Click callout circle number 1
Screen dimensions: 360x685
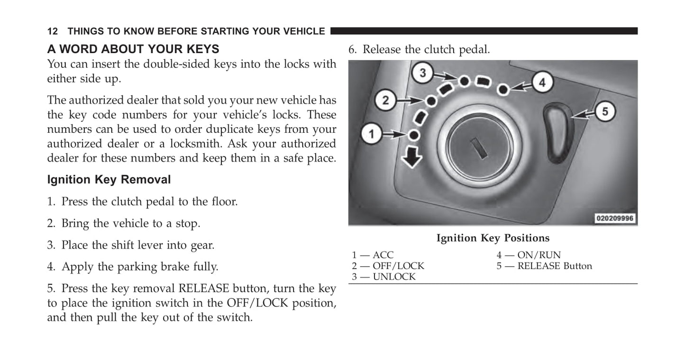(372, 135)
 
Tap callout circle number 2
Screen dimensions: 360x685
(385, 100)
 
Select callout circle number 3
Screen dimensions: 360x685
(423, 73)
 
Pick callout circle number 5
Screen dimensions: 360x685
(604, 112)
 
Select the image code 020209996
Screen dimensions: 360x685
(615, 219)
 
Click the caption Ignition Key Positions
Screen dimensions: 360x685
(493, 238)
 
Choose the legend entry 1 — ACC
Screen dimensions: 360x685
(373, 255)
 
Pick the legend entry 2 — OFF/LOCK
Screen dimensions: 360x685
(388, 266)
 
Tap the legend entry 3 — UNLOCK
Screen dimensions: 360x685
(384, 277)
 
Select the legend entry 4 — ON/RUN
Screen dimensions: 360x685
(528, 255)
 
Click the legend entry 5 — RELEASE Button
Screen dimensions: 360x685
(544, 266)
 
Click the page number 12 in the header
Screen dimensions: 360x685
(52, 31)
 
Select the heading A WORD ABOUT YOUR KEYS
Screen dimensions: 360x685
(133, 49)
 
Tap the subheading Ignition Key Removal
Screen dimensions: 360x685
(109, 180)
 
